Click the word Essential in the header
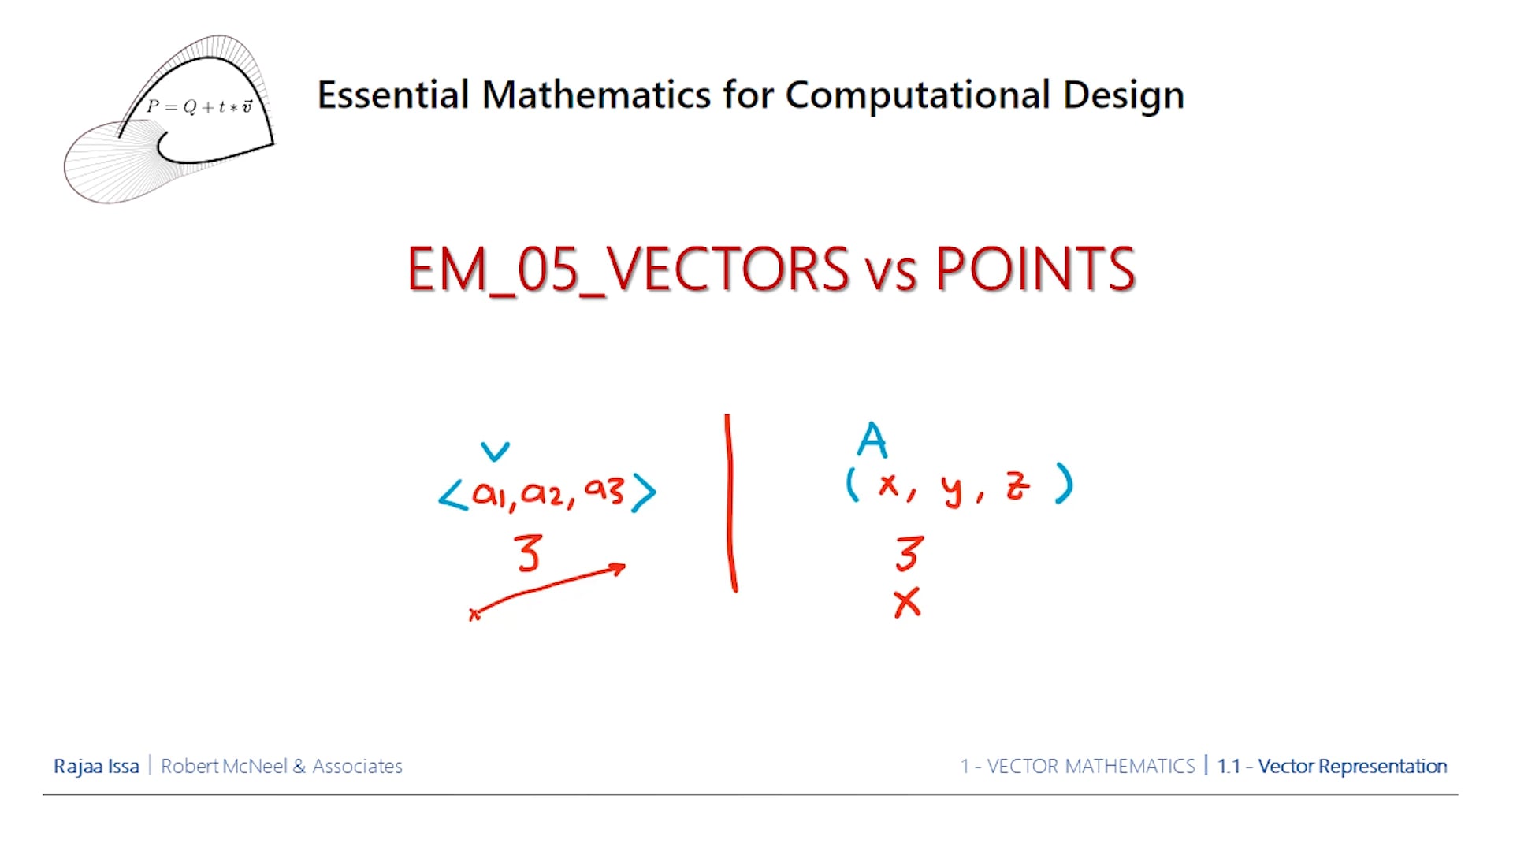tap(392, 95)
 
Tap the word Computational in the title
tap(917, 95)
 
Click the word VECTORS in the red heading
tap(727, 270)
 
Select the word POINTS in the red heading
tap(1035, 270)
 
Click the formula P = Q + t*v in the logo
tap(199, 106)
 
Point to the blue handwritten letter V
tap(495, 452)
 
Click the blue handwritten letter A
tap(872, 440)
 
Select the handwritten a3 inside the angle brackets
tap(604, 490)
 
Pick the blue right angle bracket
tap(645, 493)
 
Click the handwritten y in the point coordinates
tap(952, 489)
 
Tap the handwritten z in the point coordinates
tap(1017, 485)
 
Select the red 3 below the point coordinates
tap(909, 553)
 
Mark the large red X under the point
tap(907, 604)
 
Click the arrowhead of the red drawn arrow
tap(619, 567)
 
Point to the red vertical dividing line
tap(730, 504)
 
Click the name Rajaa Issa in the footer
tap(96, 766)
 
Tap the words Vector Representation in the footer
tap(1352, 766)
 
